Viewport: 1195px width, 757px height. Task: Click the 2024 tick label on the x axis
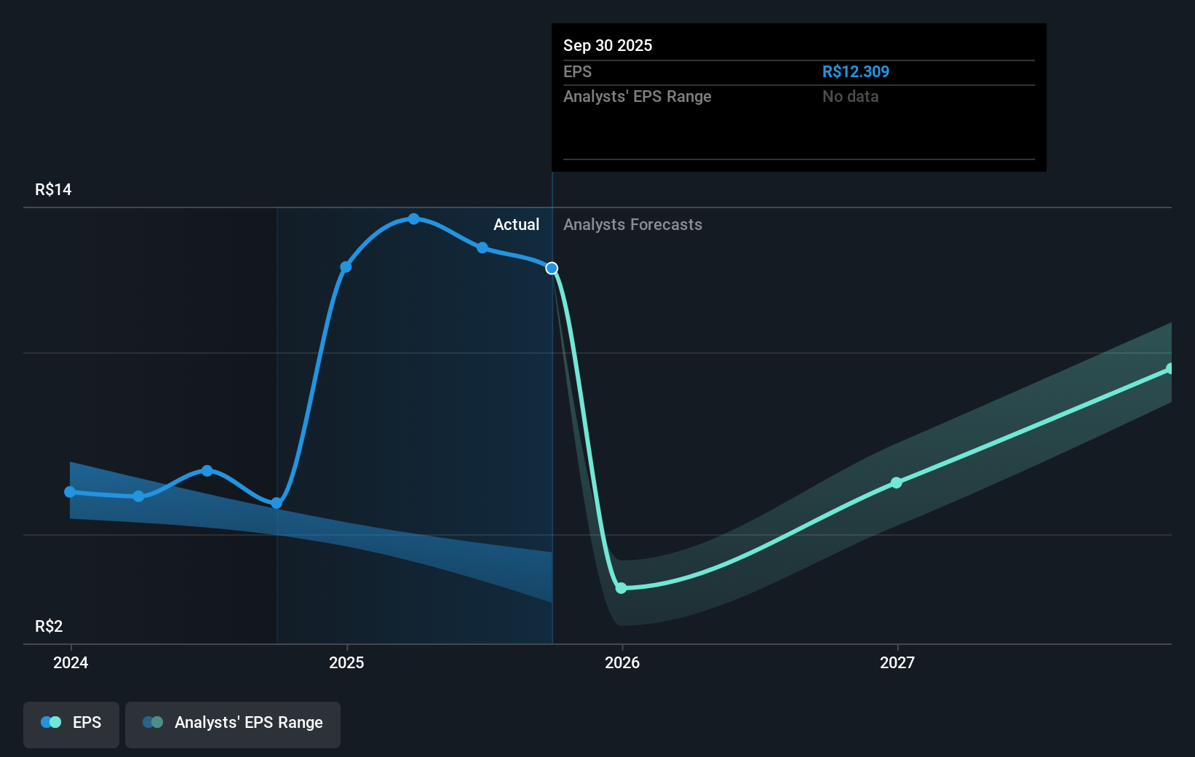(71, 662)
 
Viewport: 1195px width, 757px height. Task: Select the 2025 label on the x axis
(346, 662)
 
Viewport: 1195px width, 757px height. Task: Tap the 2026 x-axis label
(622, 662)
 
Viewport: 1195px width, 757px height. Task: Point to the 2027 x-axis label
(897, 662)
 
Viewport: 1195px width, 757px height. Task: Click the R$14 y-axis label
(53, 190)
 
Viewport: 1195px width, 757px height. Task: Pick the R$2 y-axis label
(49, 627)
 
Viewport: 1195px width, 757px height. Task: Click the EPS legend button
(71, 723)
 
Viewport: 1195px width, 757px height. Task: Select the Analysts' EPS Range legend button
(233, 723)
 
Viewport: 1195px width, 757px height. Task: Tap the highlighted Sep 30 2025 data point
(552, 269)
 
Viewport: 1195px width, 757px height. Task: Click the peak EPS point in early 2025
(413, 219)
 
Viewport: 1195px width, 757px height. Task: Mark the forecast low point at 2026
(621, 588)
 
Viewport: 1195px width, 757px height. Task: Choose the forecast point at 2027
(897, 483)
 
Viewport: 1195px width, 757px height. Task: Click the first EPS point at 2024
(70, 492)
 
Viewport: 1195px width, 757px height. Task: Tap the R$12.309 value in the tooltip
(855, 72)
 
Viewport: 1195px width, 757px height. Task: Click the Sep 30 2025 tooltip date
(608, 46)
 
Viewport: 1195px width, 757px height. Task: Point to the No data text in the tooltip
(850, 97)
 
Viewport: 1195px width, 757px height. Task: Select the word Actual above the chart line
(516, 225)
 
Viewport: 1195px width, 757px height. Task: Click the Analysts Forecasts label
(632, 225)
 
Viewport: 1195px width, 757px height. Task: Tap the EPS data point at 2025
(346, 267)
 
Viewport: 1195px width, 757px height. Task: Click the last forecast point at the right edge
(1170, 369)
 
